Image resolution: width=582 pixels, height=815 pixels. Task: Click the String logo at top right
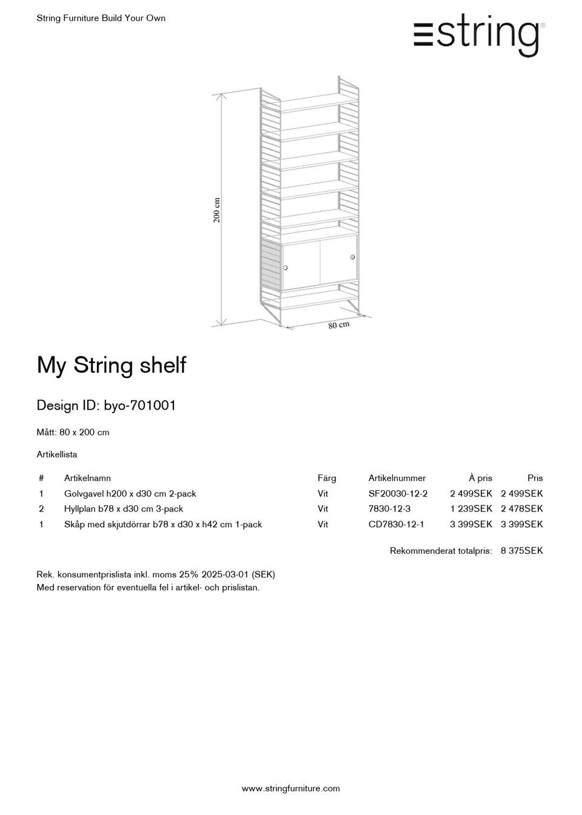pyautogui.click(x=479, y=35)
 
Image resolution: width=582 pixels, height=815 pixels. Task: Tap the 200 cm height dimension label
pyautogui.click(x=217, y=210)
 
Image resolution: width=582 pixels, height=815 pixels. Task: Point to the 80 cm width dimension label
pyautogui.click(x=339, y=325)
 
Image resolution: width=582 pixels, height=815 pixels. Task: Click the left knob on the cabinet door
pyautogui.click(x=286, y=267)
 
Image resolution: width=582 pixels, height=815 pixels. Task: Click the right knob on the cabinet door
pyautogui.click(x=352, y=258)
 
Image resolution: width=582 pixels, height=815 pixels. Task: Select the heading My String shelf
pyautogui.click(x=112, y=365)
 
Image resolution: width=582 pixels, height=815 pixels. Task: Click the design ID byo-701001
pyautogui.click(x=140, y=405)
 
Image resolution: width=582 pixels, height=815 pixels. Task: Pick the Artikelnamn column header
pyautogui.click(x=87, y=478)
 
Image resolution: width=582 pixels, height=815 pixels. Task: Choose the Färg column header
pyautogui.click(x=327, y=478)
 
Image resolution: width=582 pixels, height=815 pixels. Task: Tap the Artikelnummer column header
pyautogui.click(x=397, y=478)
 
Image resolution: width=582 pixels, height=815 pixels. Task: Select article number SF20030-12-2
pyautogui.click(x=398, y=494)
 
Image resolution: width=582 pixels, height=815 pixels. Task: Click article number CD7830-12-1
pyautogui.click(x=396, y=524)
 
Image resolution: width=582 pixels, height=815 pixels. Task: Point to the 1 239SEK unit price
pyautogui.click(x=471, y=509)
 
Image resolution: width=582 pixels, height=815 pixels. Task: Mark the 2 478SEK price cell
pyautogui.click(x=521, y=509)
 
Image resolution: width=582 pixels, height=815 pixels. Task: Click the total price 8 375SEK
pyautogui.click(x=521, y=551)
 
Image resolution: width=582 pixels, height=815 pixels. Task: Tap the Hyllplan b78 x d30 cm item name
pyautogui.click(x=124, y=509)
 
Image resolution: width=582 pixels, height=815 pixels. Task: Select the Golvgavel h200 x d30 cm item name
pyautogui.click(x=130, y=494)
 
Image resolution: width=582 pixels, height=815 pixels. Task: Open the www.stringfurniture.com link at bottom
pyautogui.click(x=291, y=788)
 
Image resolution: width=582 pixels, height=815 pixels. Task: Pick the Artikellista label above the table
pyautogui.click(x=57, y=454)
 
